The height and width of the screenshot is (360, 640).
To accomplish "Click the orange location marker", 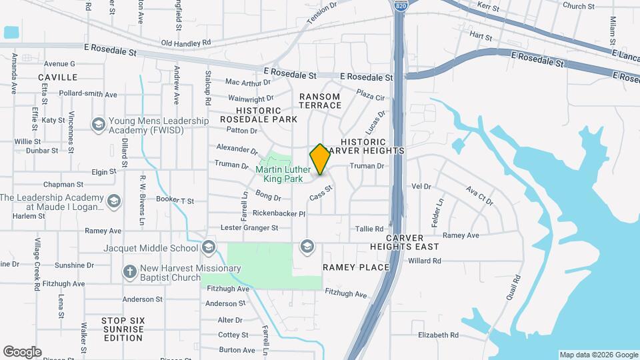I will pyautogui.click(x=320, y=159).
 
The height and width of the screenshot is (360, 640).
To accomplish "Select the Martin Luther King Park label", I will pyautogui.click(x=283, y=174).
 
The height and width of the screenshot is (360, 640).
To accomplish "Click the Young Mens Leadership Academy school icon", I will pyautogui.click(x=99, y=125).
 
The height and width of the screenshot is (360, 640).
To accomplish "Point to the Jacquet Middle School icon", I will pyautogui.click(x=209, y=248).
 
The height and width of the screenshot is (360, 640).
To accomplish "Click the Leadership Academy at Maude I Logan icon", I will pyautogui.click(x=114, y=201).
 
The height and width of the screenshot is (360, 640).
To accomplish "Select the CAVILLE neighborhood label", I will pyautogui.click(x=58, y=77).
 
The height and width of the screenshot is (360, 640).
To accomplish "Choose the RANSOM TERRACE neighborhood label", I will pyautogui.click(x=319, y=101).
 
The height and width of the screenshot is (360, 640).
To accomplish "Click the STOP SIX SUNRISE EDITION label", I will pyautogui.click(x=123, y=329).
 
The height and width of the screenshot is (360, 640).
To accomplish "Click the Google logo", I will pyautogui.click(x=22, y=351).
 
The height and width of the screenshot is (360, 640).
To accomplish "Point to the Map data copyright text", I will pyautogui.click(x=598, y=355).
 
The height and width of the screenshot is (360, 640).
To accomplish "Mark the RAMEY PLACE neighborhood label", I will pyautogui.click(x=356, y=267).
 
